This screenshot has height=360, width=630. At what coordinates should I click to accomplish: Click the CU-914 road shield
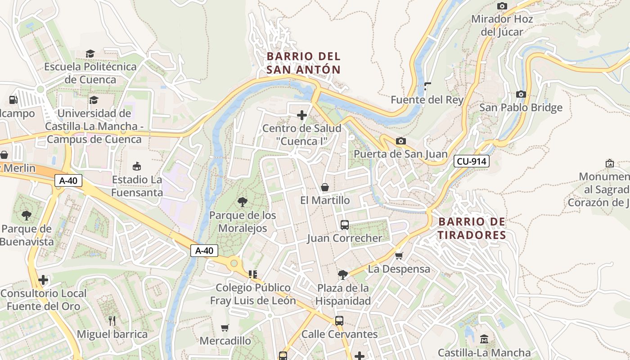(x=471, y=161)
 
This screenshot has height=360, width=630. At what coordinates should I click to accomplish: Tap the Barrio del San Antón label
(x=303, y=63)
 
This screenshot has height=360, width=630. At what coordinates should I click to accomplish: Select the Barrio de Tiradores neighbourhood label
(x=472, y=228)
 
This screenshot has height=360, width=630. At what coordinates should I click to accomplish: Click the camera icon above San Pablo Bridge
(x=521, y=94)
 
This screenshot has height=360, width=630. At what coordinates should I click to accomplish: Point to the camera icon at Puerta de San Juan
(x=400, y=141)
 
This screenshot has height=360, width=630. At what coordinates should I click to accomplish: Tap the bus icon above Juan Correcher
(x=345, y=225)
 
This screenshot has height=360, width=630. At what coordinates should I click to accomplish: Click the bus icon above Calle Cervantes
(x=339, y=321)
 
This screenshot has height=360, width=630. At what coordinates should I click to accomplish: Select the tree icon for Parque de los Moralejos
(x=243, y=202)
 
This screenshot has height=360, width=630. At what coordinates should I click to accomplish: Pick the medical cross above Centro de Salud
(x=302, y=116)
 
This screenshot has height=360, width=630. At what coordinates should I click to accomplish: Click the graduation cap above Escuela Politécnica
(x=90, y=54)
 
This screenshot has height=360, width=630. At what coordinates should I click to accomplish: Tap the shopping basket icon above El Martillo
(x=325, y=187)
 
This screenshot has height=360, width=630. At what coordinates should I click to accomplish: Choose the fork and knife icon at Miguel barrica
(x=112, y=321)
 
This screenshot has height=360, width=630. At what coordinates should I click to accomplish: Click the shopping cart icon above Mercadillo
(x=225, y=328)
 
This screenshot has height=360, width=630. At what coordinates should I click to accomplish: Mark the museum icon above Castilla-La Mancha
(x=484, y=339)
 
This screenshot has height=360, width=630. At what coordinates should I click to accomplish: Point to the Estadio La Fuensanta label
(x=137, y=186)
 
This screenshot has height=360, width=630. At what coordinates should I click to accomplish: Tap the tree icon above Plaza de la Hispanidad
(x=343, y=274)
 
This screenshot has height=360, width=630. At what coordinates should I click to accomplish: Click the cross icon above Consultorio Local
(x=43, y=280)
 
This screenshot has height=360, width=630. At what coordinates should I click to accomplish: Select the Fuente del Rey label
(x=427, y=99)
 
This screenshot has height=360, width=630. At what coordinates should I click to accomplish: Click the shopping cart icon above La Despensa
(x=399, y=256)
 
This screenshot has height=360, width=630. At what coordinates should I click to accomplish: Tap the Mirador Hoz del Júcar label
(x=502, y=25)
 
